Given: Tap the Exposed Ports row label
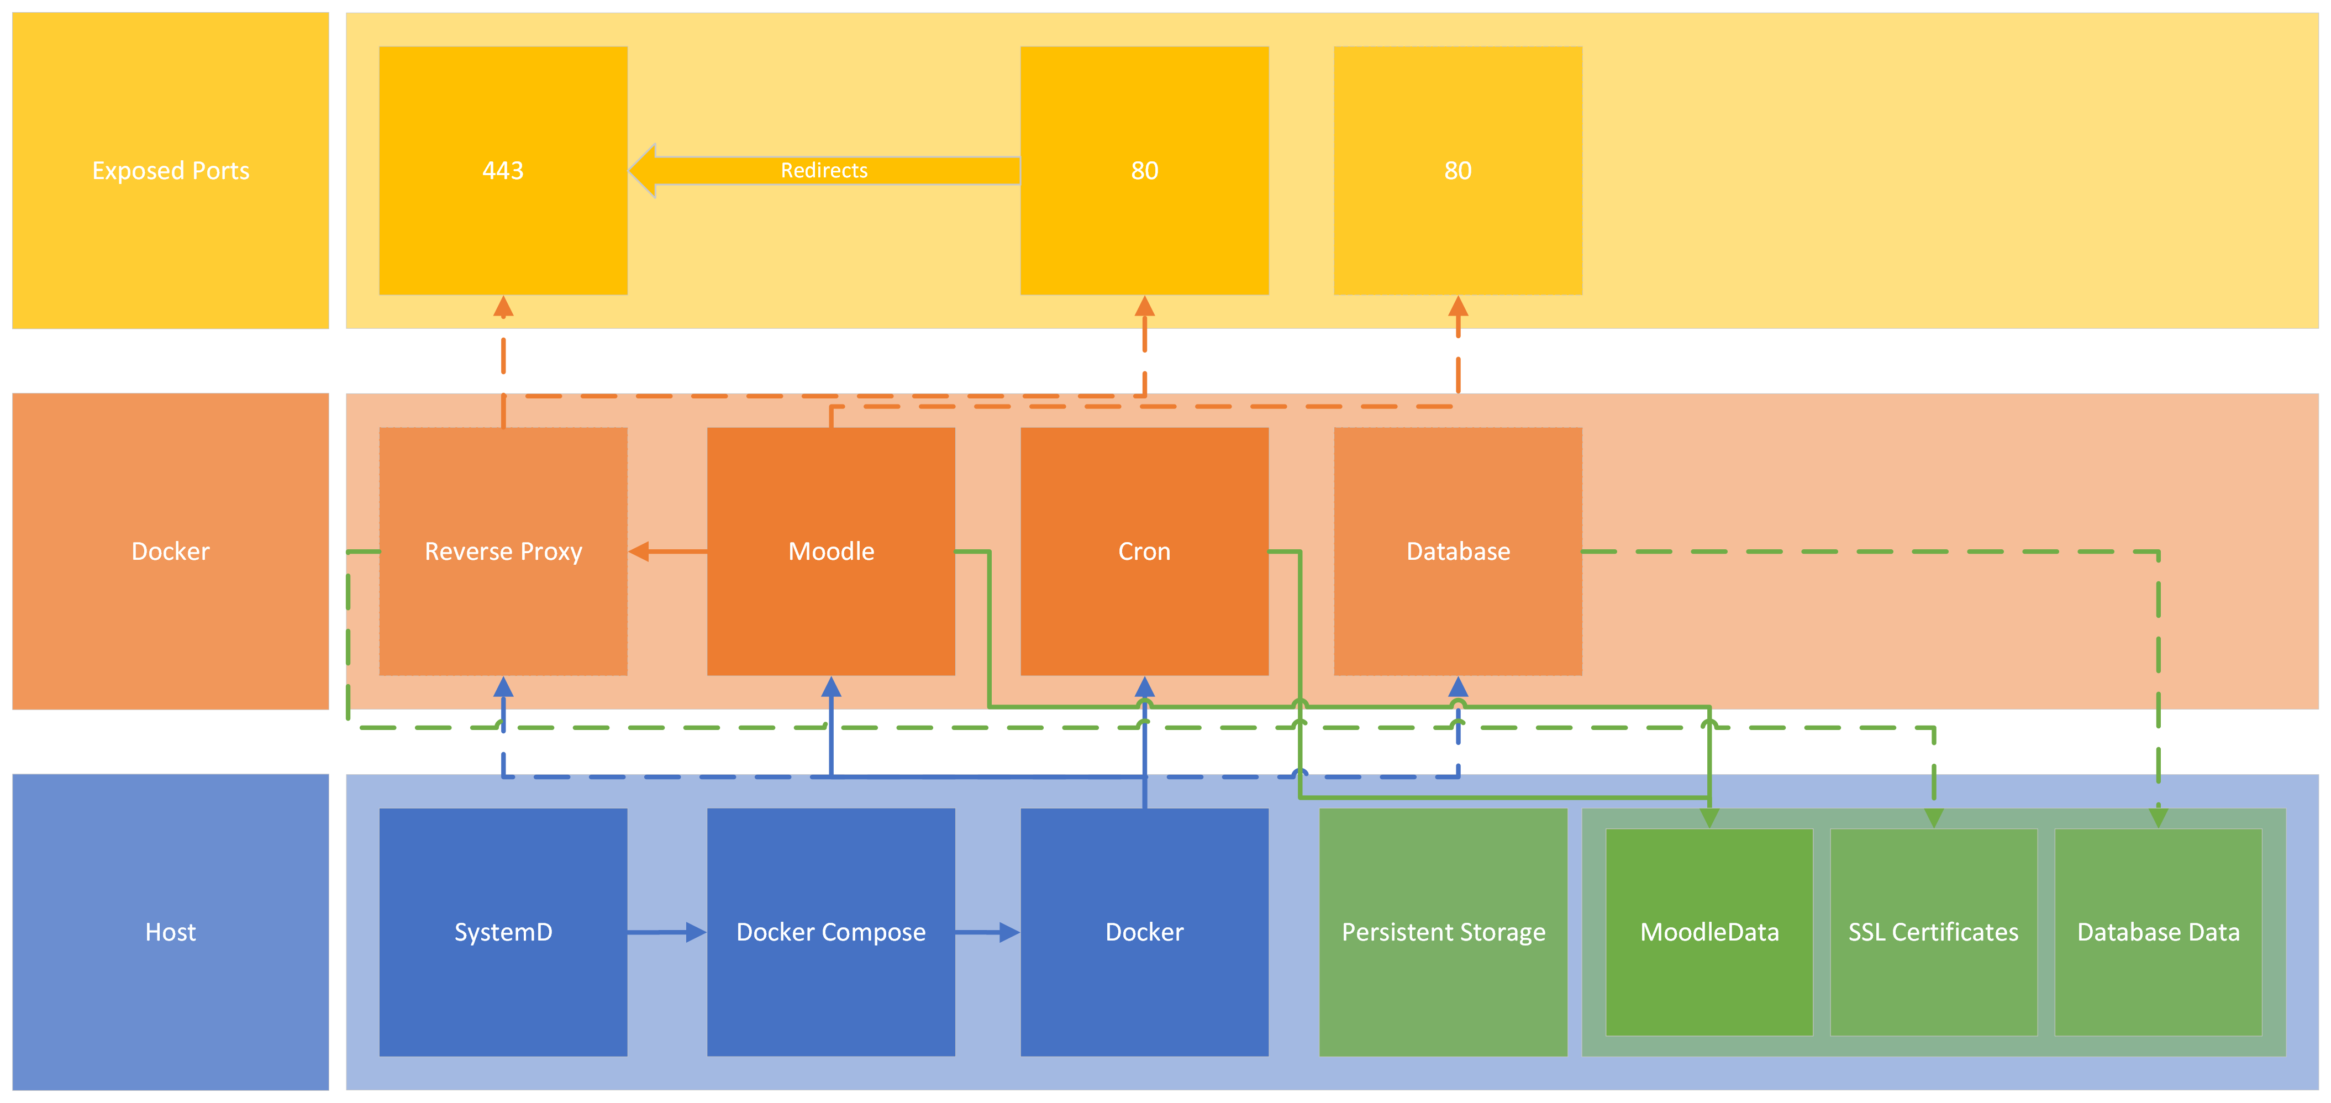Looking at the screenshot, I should click(170, 170).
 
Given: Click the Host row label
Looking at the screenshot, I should click(170, 932).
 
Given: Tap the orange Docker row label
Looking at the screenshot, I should click(170, 551).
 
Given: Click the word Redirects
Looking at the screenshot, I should click(823, 170).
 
